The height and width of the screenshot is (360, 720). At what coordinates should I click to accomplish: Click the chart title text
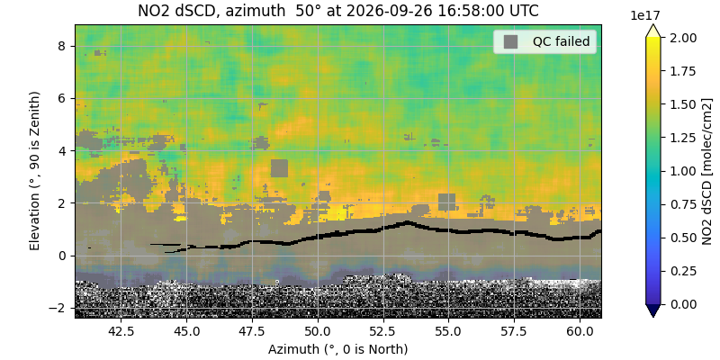[337, 10]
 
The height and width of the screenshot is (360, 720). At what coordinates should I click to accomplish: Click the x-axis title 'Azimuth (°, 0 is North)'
[337, 349]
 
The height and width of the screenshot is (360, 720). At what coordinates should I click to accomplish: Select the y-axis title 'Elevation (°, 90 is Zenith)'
[34, 171]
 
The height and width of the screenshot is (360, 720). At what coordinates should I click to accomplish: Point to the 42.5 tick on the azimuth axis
[121, 330]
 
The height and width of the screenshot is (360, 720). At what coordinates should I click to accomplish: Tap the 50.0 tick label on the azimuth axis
[318, 330]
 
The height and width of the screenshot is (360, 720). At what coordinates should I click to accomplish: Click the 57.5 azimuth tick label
[514, 330]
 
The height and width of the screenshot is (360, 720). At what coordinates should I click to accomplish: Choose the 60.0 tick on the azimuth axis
[580, 330]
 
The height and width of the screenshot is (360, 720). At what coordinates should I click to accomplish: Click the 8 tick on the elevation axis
[66, 47]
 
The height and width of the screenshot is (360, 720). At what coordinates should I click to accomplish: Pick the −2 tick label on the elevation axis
[62, 308]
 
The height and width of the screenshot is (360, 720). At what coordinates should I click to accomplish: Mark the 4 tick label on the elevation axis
[66, 151]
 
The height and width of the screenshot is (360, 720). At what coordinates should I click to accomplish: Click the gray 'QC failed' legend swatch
[510, 41]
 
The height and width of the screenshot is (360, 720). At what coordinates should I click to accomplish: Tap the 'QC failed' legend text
[561, 41]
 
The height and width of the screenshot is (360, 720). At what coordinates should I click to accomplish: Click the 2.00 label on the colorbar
[673, 37]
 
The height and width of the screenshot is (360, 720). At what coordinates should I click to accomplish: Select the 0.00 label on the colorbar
[673, 304]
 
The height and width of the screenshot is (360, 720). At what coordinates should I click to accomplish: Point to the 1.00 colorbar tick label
[673, 171]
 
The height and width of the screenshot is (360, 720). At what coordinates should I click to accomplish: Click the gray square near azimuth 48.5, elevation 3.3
[279, 168]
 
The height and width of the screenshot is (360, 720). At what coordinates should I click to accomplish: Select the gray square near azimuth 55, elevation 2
[446, 202]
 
